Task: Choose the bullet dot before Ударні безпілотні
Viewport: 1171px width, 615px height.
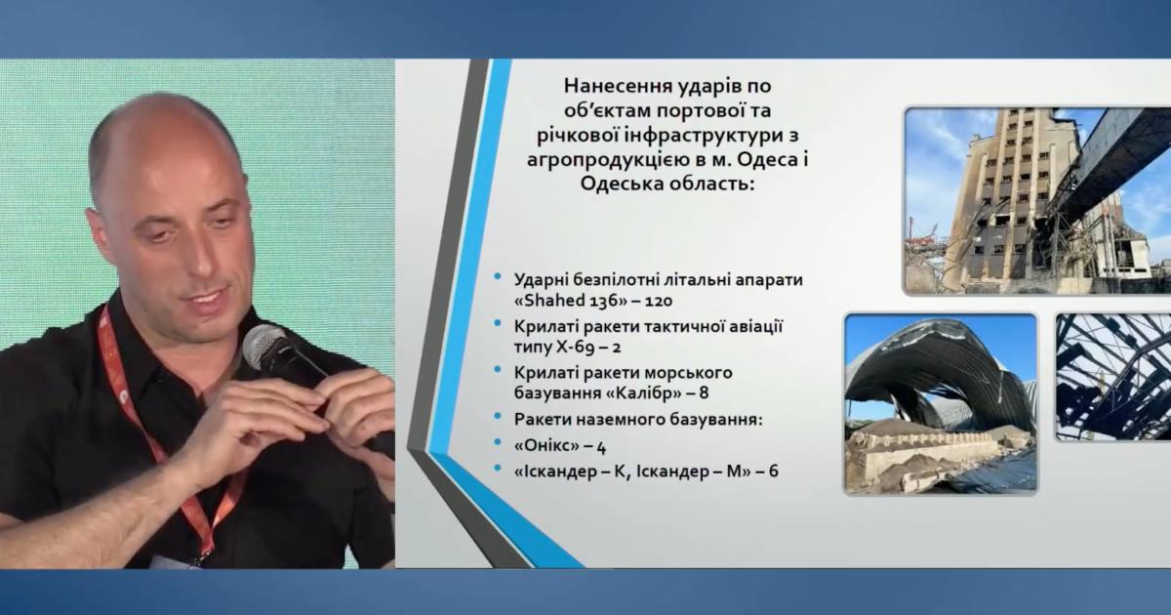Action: (x=498, y=279)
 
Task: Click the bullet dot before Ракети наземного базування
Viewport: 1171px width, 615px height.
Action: (x=498, y=420)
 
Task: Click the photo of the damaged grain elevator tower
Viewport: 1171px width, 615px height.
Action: (x=1037, y=200)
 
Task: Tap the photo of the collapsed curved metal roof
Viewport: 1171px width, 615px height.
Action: (x=941, y=402)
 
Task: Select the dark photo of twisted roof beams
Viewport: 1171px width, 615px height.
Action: (x=1113, y=376)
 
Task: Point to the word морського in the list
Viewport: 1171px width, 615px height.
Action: (x=683, y=371)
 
